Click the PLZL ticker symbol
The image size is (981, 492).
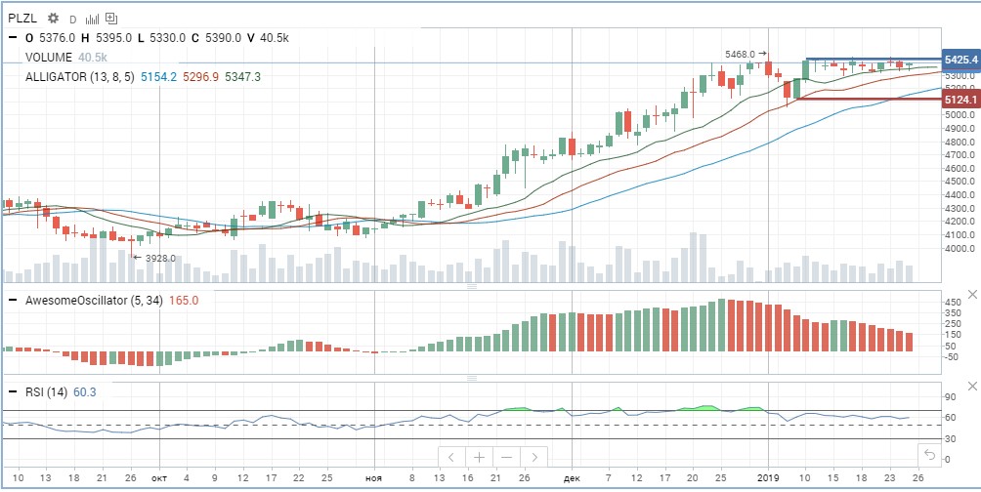pos(23,19)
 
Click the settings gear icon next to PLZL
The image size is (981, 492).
pos(53,19)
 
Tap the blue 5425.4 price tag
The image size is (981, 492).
pos(961,60)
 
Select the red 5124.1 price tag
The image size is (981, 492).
pos(961,100)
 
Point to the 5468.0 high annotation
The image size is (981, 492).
pos(740,55)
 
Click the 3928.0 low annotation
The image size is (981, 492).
pos(160,258)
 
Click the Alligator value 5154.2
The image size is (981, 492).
pos(159,77)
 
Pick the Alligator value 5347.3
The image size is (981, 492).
pos(242,77)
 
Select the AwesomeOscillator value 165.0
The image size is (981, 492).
pos(185,300)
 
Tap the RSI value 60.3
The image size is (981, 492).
pos(84,392)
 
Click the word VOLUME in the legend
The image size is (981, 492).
pos(49,57)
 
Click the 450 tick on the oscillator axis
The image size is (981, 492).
pos(953,302)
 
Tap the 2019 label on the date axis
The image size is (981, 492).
pos(768,478)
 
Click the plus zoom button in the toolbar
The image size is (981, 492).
pos(479,457)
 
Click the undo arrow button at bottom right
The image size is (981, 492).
pos(929,455)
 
